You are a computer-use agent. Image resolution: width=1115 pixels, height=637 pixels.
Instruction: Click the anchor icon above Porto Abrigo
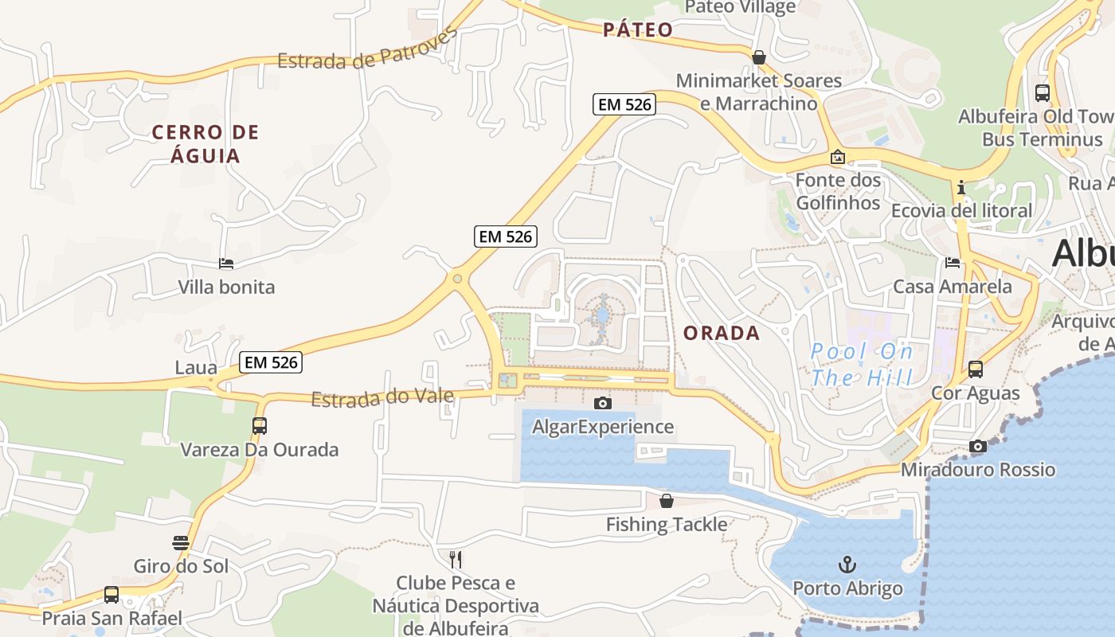[x=847, y=565]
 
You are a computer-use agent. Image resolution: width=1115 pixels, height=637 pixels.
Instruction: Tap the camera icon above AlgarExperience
[x=603, y=403]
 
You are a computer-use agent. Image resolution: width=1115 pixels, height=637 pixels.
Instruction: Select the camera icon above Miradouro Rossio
[x=978, y=447]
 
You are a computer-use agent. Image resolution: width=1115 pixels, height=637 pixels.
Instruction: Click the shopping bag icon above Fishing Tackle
[x=667, y=501]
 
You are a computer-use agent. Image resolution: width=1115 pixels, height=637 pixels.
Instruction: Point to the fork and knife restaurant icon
[x=456, y=559]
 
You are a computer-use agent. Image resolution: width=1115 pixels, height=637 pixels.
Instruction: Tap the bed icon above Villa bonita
[x=226, y=264]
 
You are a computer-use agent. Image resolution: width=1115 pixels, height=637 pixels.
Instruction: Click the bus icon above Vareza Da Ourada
[x=260, y=426]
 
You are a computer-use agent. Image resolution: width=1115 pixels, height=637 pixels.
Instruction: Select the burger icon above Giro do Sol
[x=181, y=543]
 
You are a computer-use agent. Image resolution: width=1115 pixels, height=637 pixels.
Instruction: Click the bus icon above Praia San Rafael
[x=111, y=595]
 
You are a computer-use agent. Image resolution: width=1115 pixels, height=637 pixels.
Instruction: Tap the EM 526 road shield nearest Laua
[x=271, y=362]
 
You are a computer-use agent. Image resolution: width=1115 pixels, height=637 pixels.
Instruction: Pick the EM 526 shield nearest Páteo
[x=624, y=104]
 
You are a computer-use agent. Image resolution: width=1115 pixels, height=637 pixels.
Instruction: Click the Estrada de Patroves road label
[x=368, y=49]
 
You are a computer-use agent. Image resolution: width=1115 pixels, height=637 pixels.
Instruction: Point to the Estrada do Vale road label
[x=382, y=397]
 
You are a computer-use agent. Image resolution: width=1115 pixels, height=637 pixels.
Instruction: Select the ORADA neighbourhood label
[x=722, y=334]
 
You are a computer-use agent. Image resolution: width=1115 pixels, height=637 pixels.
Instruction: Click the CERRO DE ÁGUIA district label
[x=205, y=143]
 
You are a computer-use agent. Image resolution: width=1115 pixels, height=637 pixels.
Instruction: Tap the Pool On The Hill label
[x=862, y=364]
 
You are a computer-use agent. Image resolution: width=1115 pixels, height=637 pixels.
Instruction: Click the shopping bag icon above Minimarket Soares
[x=759, y=57]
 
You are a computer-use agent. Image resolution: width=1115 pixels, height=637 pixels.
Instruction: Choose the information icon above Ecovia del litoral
[x=961, y=188]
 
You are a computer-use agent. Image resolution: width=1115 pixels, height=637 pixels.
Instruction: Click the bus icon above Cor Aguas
[x=976, y=369]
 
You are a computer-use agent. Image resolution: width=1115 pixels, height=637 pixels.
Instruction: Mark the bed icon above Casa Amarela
[x=953, y=263]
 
